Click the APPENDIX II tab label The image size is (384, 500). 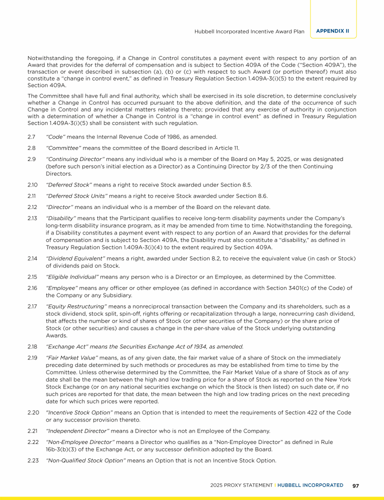click(x=332, y=31)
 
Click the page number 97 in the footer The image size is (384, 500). click(x=355, y=485)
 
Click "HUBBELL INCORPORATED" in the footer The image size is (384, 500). click(x=310, y=485)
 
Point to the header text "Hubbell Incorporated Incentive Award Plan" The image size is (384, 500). click(x=249, y=31)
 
